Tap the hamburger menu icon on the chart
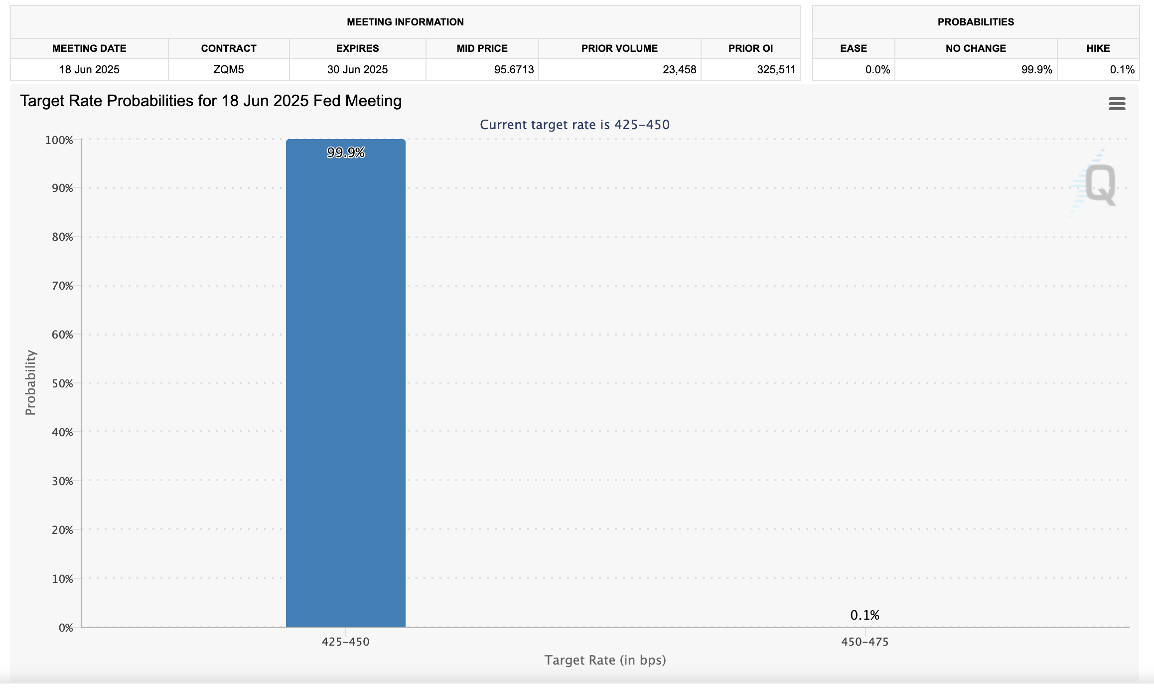[1117, 104]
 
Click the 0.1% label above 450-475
[865, 615]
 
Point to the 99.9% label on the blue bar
[346, 153]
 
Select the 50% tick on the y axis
[62, 383]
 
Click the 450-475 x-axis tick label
[865, 642]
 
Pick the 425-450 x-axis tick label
[345, 642]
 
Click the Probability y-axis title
[30, 382]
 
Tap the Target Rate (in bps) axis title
[605, 660]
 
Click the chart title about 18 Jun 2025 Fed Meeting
[211, 101]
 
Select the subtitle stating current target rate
[575, 125]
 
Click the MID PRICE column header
[482, 48]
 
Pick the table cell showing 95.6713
[514, 70]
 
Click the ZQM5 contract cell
[229, 70]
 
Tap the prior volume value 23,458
[679, 70]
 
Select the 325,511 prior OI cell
[776, 70]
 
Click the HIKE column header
[1098, 48]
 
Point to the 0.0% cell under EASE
[877, 70]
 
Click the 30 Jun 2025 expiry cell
[357, 70]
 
